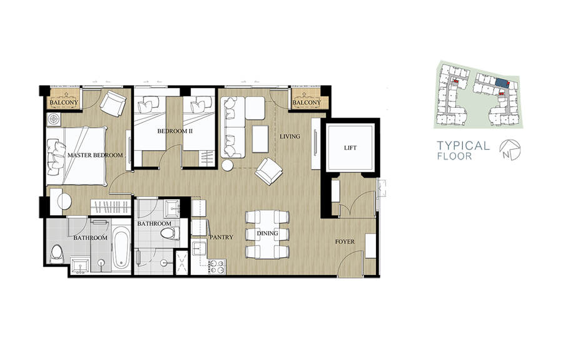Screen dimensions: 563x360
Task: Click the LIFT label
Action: click(x=350, y=148)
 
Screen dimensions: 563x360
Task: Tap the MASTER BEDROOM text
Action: click(x=95, y=155)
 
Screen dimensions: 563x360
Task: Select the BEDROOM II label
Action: click(x=175, y=131)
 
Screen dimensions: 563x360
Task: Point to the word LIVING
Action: click(x=290, y=136)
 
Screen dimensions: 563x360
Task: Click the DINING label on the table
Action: click(x=268, y=234)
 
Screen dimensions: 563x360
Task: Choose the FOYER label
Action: click(x=345, y=242)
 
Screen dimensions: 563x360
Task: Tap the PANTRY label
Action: click(x=221, y=237)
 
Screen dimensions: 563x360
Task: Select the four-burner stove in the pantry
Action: click(x=217, y=267)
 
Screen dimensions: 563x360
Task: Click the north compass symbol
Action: click(x=510, y=150)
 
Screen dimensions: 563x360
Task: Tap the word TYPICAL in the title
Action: click(x=463, y=145)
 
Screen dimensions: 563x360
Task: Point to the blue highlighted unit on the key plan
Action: click(x=501, y=83)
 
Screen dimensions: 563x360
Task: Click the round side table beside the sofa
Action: click(x=228, y=165)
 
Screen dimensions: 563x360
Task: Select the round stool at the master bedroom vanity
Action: click(x=64, y=202)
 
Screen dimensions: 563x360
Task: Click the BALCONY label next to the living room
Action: click(x=307, y=103)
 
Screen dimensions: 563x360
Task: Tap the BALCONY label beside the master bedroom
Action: click(x=64, y=103)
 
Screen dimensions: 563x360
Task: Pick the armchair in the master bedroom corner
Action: click(x=113, y=103)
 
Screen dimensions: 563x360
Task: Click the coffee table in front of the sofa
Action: click(x=260, y=139)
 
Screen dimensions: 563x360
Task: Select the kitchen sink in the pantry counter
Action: click(x=198, y=249)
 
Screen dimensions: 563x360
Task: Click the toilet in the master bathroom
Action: click(x=58, y=254)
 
